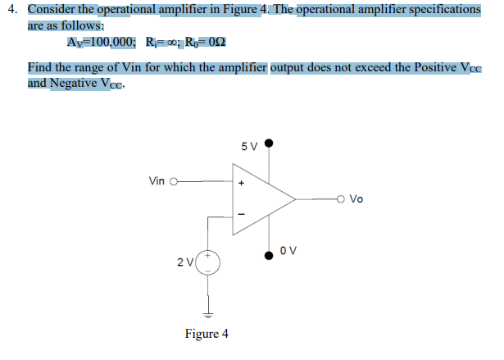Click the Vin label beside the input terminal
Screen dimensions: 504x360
157,180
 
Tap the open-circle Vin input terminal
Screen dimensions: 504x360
173,181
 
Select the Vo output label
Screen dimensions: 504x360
356,198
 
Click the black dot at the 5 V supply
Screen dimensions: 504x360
268,143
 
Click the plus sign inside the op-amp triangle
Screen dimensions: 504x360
241,182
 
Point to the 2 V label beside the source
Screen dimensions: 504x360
185,262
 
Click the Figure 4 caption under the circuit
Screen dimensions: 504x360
207,334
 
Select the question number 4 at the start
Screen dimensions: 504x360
11,9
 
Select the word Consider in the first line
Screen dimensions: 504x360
54,9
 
